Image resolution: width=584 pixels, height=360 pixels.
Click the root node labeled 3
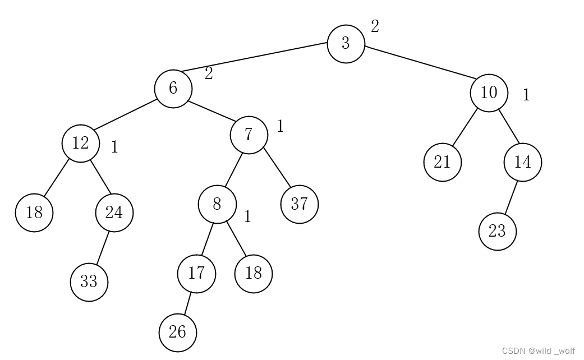tap(346, 44)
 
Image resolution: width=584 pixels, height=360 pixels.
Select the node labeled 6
tap(173, 88)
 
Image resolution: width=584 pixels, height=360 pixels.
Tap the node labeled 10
tap(489, 93)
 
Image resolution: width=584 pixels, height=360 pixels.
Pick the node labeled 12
tap(80, 144)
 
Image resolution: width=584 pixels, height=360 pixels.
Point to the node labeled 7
tap(249, 135)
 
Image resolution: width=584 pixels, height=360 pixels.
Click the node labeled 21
tap(442, 162)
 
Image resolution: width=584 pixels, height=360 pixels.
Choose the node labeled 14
tap(522, 162)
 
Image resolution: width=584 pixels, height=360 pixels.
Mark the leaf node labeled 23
tap(497, 231)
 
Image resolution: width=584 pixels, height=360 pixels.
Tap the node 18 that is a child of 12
tap(34, 213)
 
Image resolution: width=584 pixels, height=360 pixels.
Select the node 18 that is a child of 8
tap(253, 274)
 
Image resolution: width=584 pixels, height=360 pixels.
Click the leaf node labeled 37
tap(299, 204)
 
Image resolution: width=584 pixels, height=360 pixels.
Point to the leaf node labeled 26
tap(177, 333)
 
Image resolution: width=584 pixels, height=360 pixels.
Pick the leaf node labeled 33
tap(89, 282)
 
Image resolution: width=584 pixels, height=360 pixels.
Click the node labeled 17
tap(196, 274)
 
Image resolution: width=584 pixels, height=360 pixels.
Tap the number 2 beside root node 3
tap(375, 26)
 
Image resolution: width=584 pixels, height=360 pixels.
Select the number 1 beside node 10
tap(526, 95)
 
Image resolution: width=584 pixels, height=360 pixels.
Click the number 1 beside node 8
tap(247, 216)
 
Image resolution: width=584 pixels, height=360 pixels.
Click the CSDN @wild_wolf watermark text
tap(538, 351)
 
